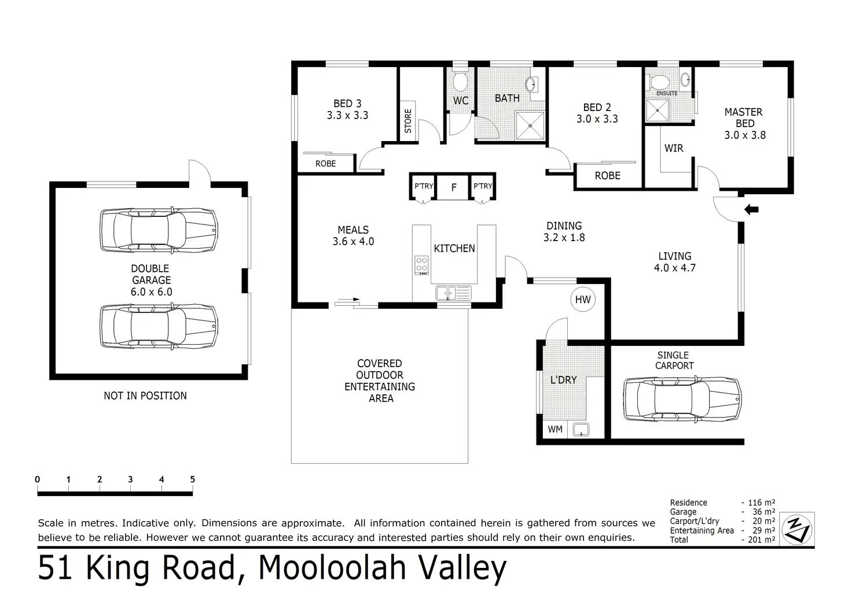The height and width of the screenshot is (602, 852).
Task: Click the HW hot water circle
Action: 583,300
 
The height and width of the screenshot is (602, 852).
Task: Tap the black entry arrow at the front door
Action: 751,209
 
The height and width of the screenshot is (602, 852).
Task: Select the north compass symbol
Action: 797,529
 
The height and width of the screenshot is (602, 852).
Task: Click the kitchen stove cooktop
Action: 421,265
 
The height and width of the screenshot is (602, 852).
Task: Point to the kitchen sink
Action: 453,293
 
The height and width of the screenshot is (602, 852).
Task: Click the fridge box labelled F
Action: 453,187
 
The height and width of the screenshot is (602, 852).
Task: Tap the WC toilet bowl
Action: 460,81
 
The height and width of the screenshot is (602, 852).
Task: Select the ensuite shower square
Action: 658,110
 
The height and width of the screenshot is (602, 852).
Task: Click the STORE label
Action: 407,121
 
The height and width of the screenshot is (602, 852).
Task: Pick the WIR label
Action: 674,148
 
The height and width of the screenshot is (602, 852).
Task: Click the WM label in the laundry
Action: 555,429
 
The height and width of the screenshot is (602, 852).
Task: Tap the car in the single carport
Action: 682,399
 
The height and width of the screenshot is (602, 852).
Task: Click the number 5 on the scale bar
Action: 193,479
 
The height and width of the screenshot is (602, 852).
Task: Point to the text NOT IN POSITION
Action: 145,396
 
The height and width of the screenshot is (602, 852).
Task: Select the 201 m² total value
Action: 762,540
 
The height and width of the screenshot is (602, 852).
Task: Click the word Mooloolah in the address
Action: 332,567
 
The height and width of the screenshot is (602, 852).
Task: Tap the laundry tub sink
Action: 581,430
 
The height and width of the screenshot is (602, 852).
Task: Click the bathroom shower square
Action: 530,125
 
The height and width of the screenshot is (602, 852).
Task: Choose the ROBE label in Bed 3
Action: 326,164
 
